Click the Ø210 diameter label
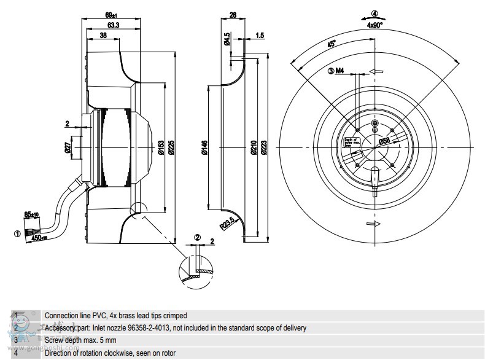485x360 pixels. click(254, 147)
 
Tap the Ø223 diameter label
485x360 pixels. click(263, 147)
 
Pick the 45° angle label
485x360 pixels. click(332, 44)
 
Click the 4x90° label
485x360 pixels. click(374, 25)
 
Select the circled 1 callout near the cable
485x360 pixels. click(17, 232)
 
